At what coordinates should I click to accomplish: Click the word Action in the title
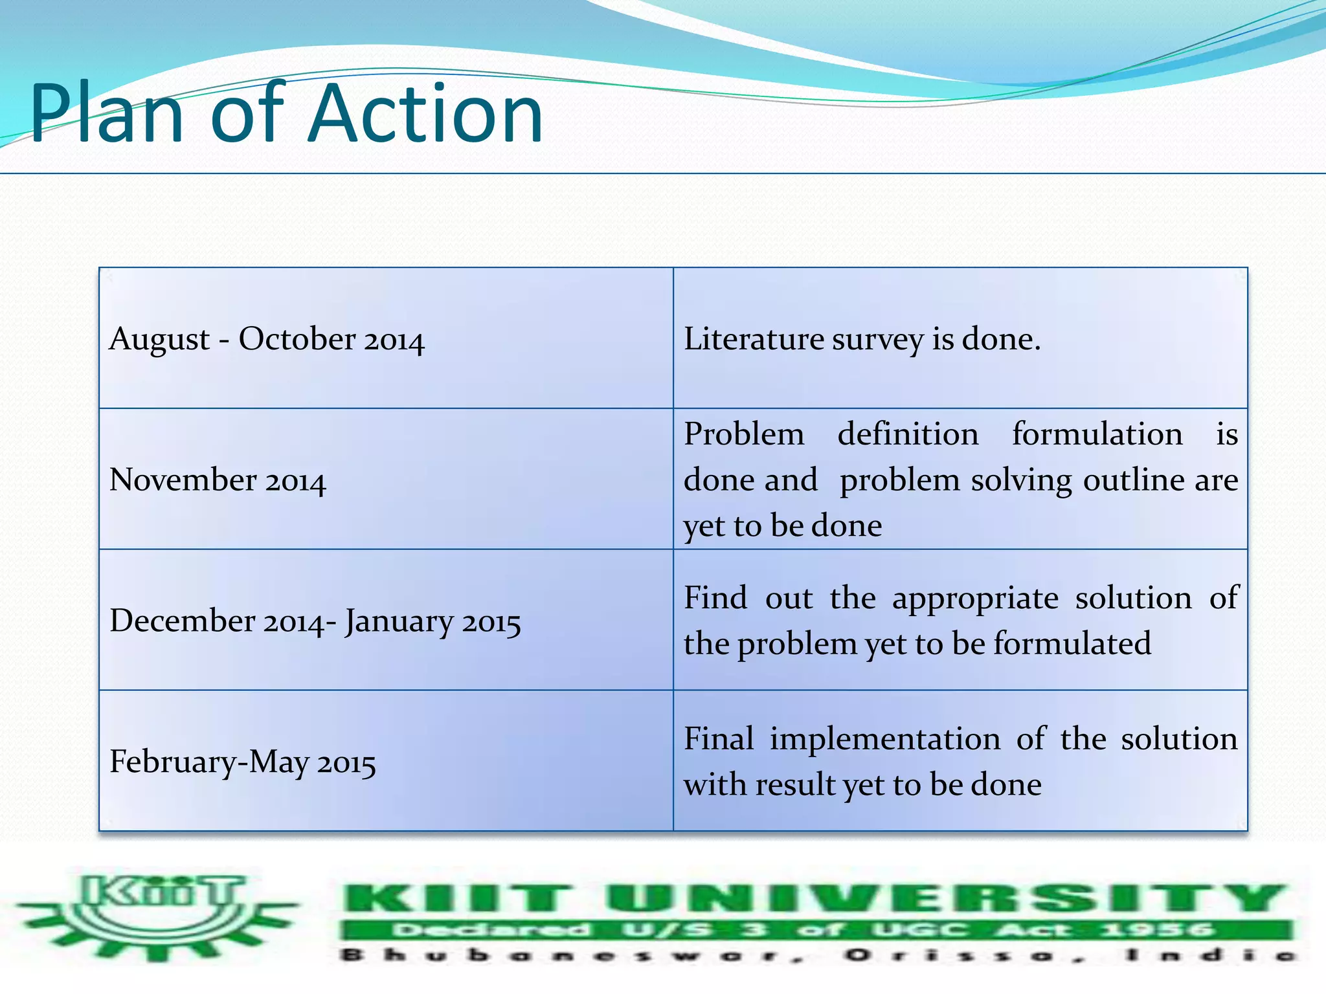(425, 114)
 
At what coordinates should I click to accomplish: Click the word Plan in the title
(107, 114)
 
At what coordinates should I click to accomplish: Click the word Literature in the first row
(753, 339)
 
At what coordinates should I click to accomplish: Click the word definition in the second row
(908, 434)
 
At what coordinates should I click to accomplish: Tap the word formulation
(1097, 434)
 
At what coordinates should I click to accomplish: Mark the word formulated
(1072, 644)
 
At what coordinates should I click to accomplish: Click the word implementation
(884, 739)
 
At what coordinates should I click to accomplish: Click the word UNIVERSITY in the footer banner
(945, 900)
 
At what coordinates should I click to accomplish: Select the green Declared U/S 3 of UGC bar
(816, 931)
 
